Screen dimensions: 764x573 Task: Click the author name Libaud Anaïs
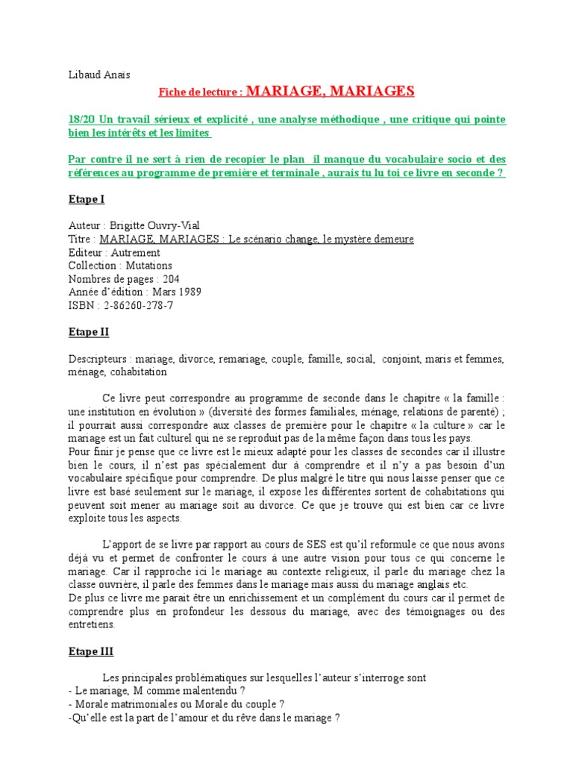click(98, 75)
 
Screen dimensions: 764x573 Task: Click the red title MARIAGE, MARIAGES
click(329, 91)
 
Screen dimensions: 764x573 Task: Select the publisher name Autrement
click(135, 252)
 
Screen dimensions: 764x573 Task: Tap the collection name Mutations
click(148, 266)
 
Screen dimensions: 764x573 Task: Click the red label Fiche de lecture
click(200, 93)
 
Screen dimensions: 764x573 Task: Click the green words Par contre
click(91, 160)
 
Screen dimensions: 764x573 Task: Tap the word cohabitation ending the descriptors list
click(138, 372)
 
